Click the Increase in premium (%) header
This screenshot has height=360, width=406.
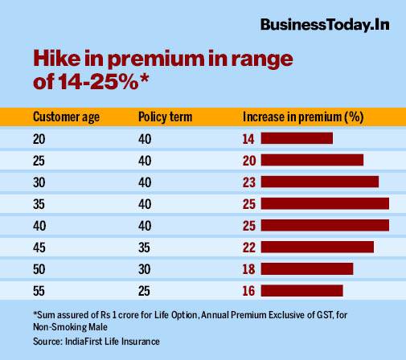pyautogui.click(x=303, y=117)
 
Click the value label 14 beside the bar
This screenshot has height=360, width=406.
pyautogui.click(x=248, y=138)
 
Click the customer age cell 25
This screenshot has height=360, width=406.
pyautogui.click(x=39, y=160)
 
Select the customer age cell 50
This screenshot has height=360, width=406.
pyautogui.click(x=39, y=268)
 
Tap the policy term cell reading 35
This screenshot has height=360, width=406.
pyautogui.click(x=144, y=247)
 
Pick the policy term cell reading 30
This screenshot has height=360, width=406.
pyautogui.click(x=144, y=268)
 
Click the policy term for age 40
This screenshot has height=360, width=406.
pyautogui.click(x=144, y=225)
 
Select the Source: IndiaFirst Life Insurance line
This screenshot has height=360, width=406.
pyautogui.click(x=96, y=342)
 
